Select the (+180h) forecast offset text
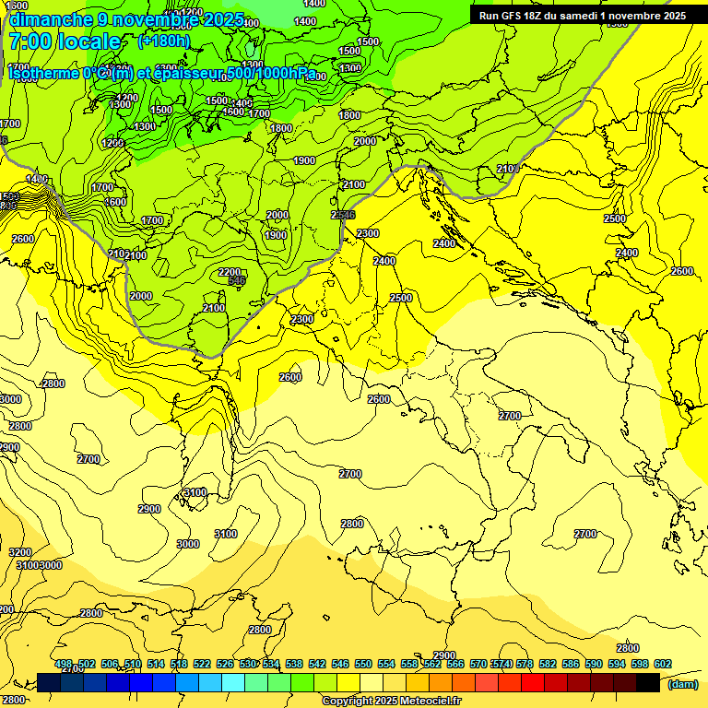163,41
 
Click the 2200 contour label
230,272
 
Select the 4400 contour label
37,179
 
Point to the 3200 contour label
20,552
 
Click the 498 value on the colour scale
64,664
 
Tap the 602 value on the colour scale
663,664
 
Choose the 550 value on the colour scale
363,664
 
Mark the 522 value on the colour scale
202,664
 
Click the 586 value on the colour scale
571,664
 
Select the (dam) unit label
681,684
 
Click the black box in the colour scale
648,683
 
